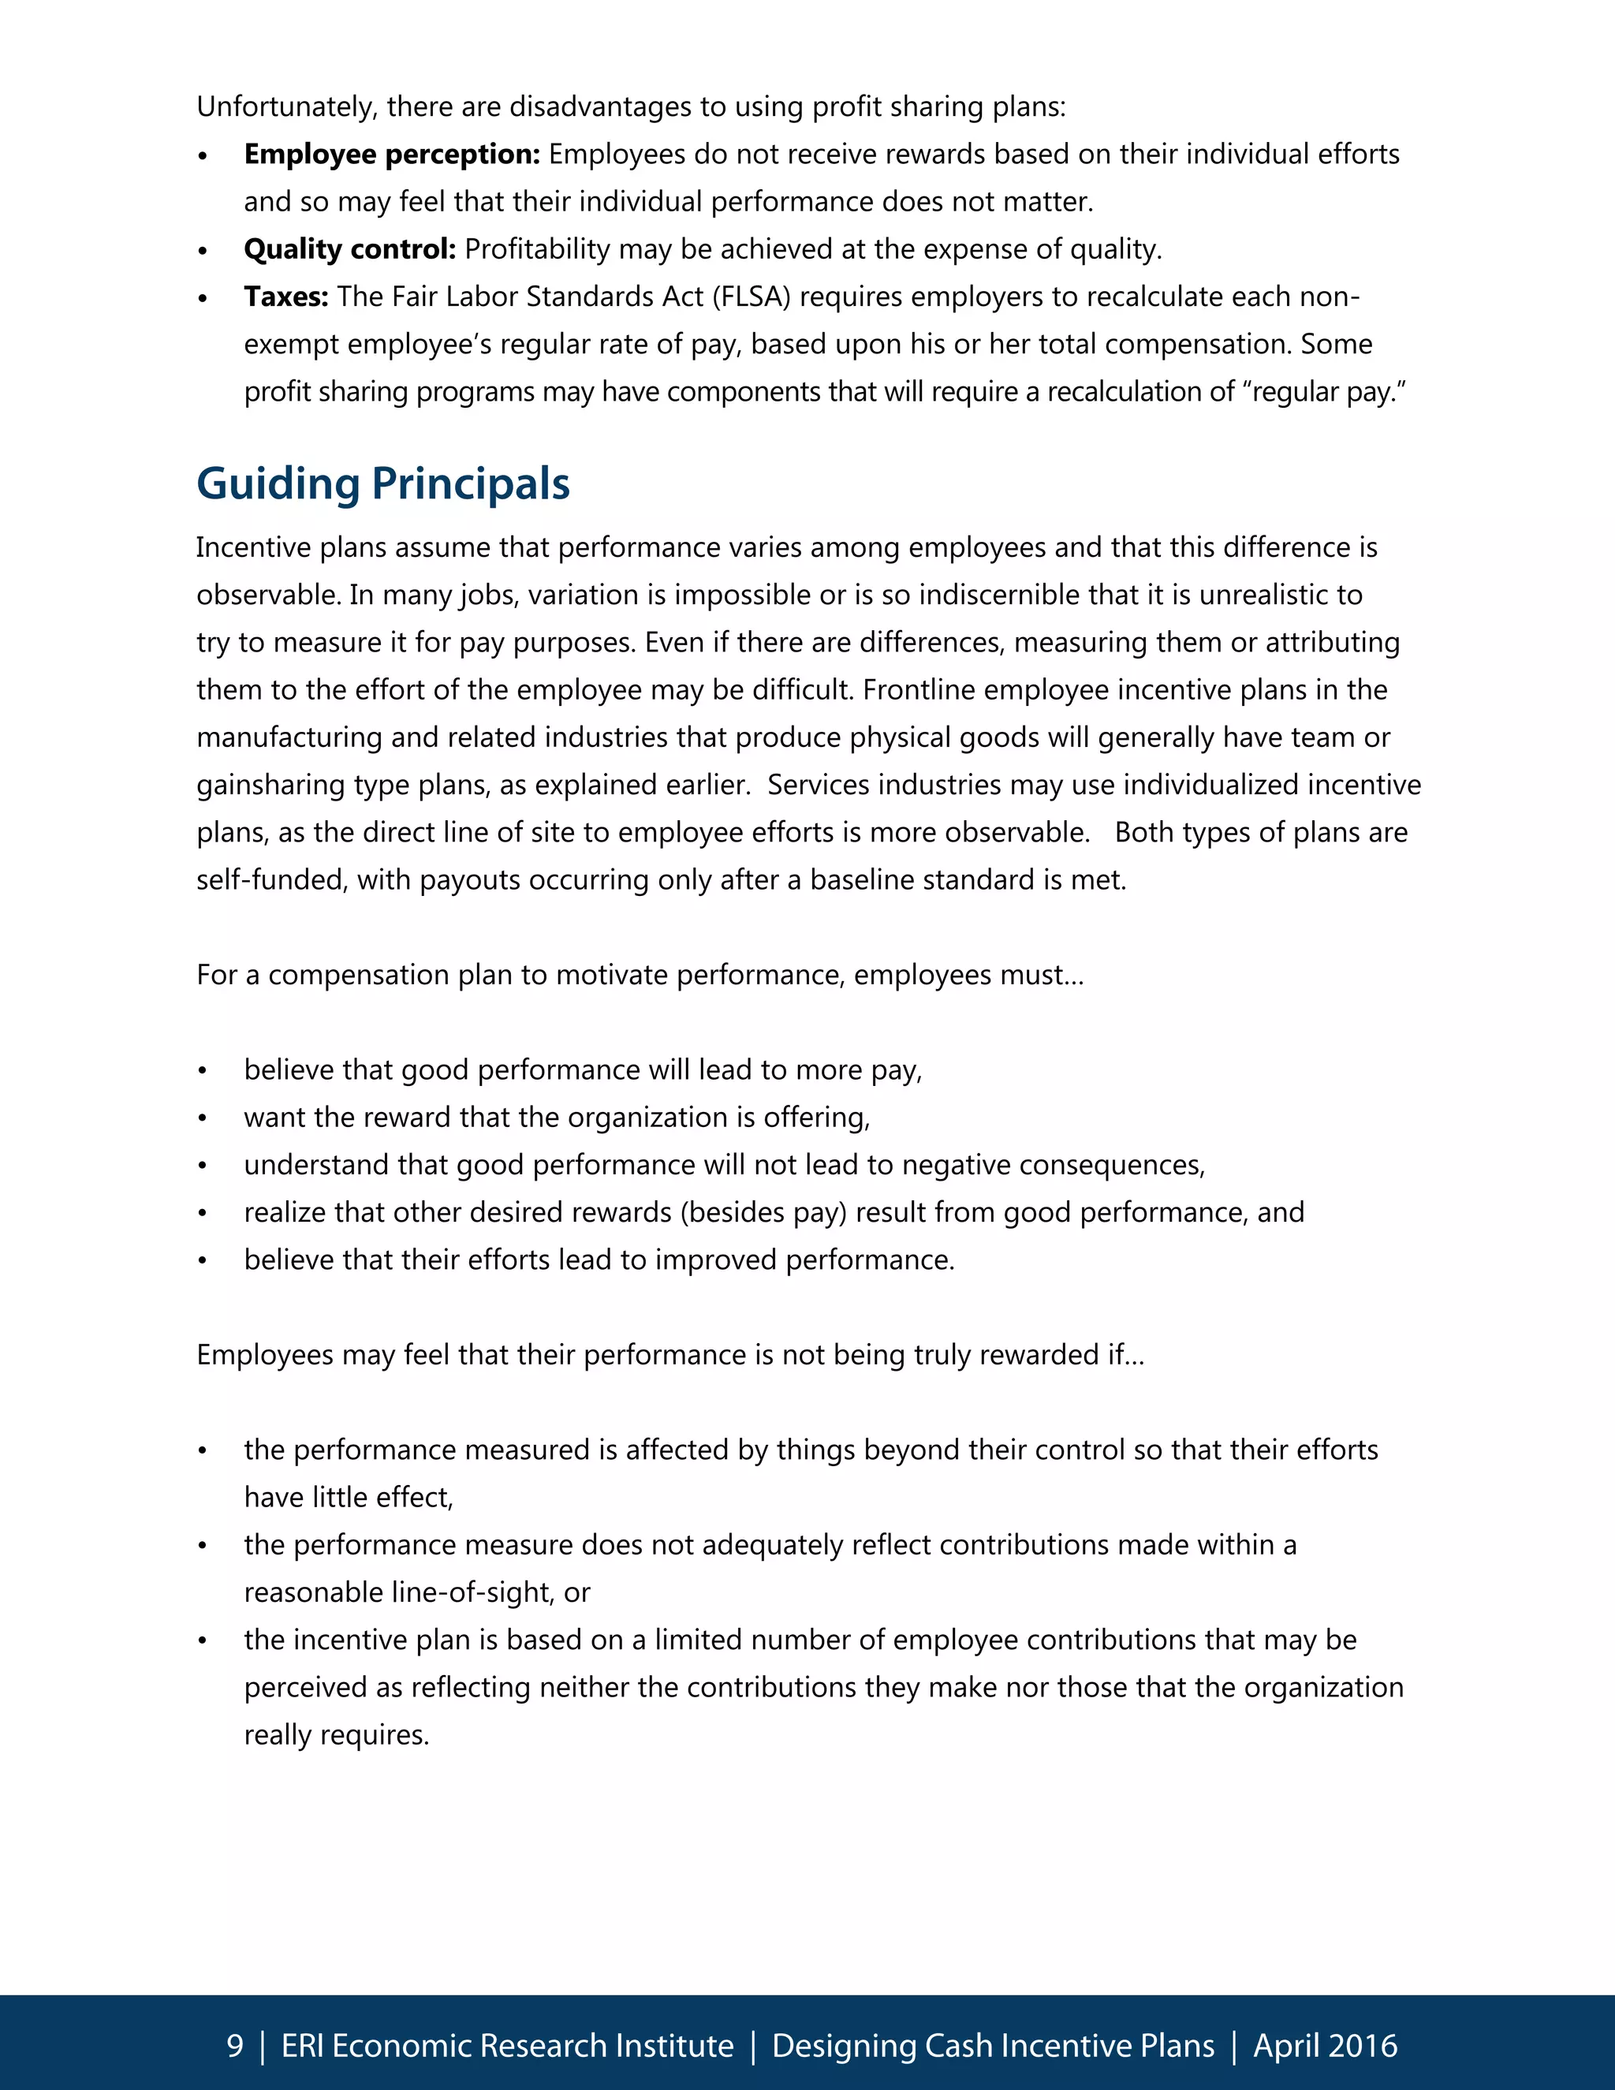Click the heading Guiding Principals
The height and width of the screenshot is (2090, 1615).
click(382, 484)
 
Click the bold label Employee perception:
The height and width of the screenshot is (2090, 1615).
click(392, 154)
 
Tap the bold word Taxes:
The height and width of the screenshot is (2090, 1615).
click(285, 297)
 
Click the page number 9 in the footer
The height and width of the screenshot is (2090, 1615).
click(234, 2045)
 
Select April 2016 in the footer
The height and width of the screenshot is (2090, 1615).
click(1325, 2045)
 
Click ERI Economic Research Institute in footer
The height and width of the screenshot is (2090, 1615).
click(507, 2045)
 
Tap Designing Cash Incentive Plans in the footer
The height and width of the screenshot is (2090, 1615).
click(993, 2045)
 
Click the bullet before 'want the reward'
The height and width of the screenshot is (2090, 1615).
click(202, 1118)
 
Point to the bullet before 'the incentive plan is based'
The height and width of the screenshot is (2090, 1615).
click(202, 1641)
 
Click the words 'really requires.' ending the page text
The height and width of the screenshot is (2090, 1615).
click(336, 1735)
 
